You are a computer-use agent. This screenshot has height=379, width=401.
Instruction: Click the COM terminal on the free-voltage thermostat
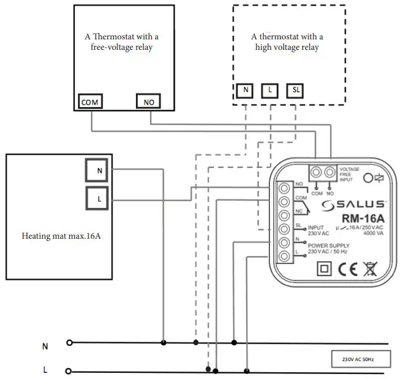pos(90,102)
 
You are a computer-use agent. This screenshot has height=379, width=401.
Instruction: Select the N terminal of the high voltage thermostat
pos(246,90)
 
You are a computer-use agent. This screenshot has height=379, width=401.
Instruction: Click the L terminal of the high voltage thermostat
pos(270,90)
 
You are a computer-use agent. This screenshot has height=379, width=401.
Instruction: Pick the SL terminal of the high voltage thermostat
pos(295,90)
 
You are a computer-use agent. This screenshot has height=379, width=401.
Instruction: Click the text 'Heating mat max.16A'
pos(61,236)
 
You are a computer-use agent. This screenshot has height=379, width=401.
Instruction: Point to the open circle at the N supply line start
pos(69,343)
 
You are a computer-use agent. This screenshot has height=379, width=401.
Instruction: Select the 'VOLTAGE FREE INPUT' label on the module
pos(350,174)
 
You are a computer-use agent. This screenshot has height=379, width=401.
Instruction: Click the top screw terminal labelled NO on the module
pos(285,187)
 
